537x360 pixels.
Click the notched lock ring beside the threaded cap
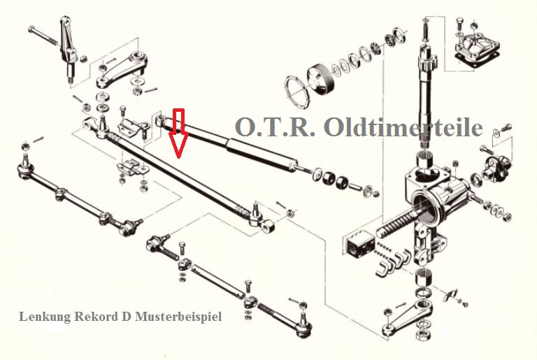[297, 91]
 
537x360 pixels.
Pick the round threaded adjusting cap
[321, 79]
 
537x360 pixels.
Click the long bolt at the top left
[45, 36]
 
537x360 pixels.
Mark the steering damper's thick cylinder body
[261, 153]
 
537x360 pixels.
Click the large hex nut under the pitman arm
[422, 333]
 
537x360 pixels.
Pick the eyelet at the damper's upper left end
[162, 120]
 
